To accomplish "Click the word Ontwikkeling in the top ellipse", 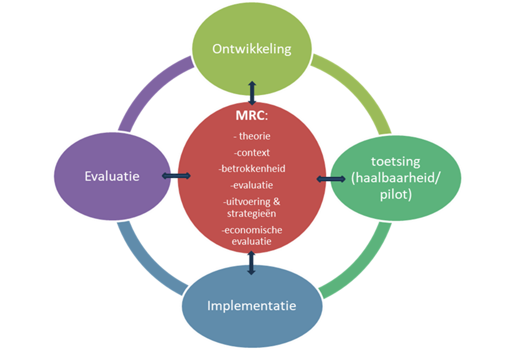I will (252, 49).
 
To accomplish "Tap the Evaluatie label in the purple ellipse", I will (112, 176).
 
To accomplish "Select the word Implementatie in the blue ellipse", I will (252, 305).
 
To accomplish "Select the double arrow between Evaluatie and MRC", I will (176, 176).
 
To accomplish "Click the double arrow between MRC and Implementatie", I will (251, 263).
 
